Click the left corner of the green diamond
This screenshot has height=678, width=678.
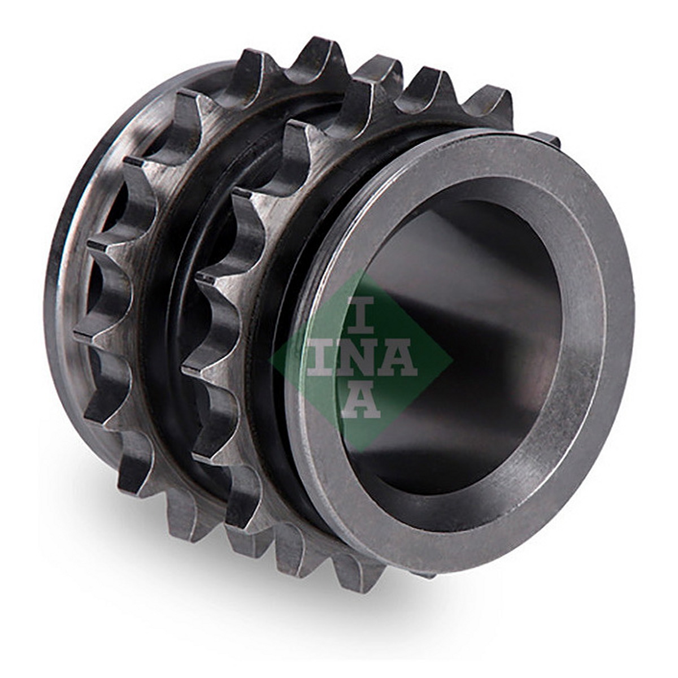tap(270, 359)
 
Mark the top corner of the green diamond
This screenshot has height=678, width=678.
tap(360, 269)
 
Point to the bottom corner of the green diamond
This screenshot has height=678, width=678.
tap(361, 451)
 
